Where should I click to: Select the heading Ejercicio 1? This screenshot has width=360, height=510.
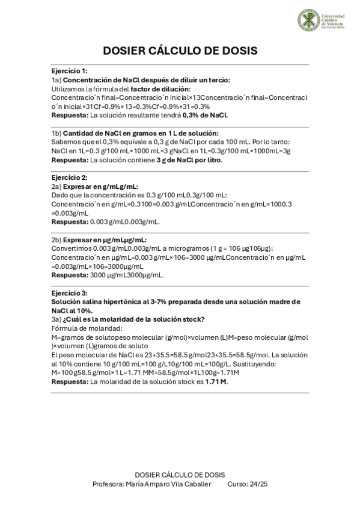(x=69, y=71)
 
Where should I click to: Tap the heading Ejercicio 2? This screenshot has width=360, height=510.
(x=69, y=178)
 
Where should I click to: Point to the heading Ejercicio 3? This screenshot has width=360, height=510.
(x=69, y=293)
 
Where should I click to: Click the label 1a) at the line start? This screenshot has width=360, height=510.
(x=56, y=80)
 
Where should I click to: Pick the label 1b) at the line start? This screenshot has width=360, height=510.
(x=56, y=134)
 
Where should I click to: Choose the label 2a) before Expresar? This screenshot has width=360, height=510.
(x=56, y=187)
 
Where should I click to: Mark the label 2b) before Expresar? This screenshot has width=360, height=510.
(x=56, y=239)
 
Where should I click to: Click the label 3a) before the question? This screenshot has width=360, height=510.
(x=56, y=319)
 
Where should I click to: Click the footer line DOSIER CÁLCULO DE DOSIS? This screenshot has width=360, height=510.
(x=180, y=475)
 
